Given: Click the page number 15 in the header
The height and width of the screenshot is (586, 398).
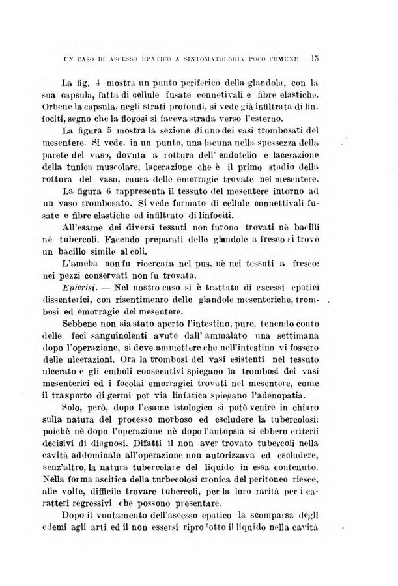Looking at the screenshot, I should click(314, 58).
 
